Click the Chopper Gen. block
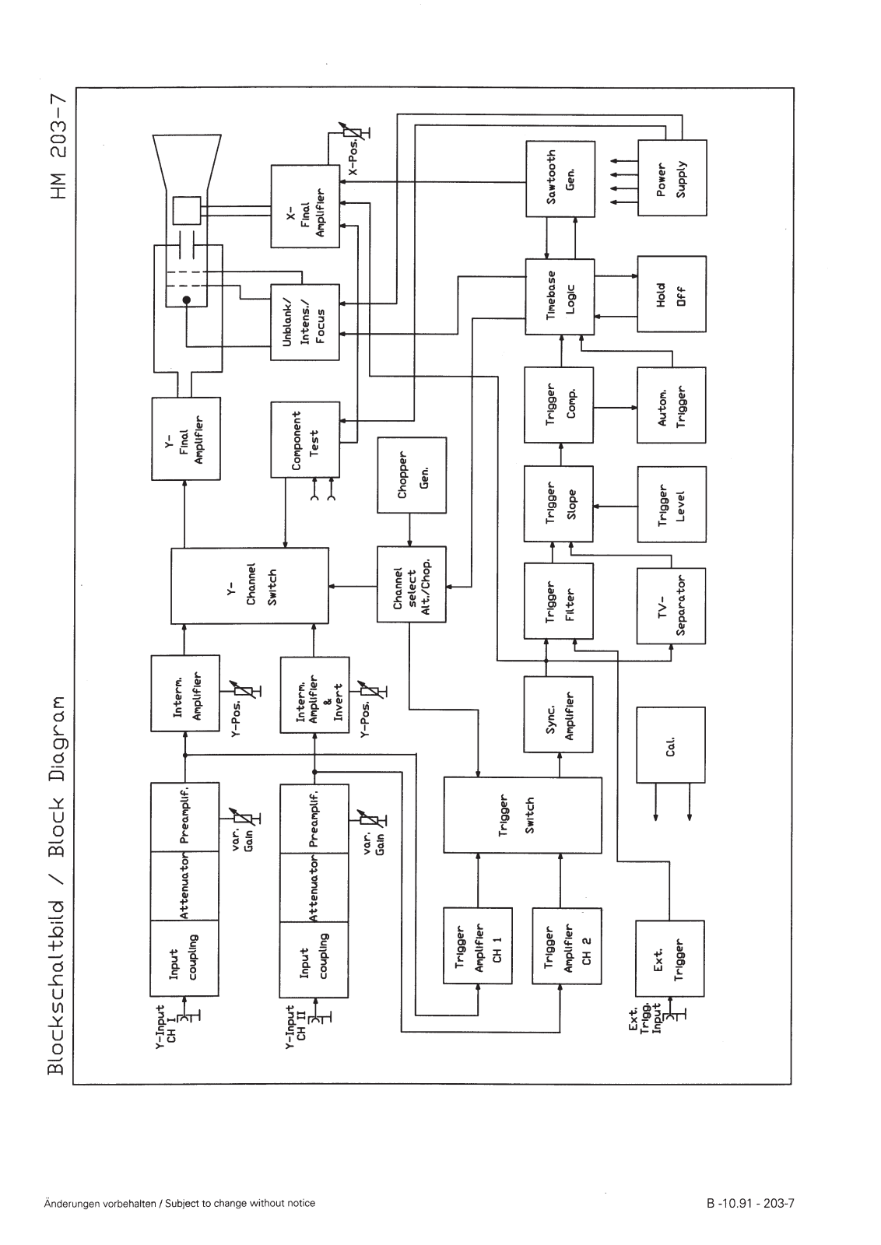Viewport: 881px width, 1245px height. tap(412, 475)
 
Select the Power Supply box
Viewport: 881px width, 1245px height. tap(672, 178)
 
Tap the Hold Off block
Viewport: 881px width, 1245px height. tap(672, 294)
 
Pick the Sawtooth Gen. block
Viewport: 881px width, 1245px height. tap(560, 179)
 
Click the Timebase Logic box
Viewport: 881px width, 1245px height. tap(560, 296)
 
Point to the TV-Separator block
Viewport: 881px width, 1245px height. tap(671, 606)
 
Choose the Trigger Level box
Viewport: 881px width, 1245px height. tap(672, 504)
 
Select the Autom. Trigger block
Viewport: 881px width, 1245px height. tap(672, 405)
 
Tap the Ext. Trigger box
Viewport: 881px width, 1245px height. tap(670, 958)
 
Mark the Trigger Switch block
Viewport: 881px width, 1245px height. tap(521, 815)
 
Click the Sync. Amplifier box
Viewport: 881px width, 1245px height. tap(558, 714)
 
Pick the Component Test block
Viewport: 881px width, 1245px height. tap(305, 440)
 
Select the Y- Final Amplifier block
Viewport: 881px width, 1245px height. tap(186, 439)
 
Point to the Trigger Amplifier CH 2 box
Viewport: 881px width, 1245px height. tap(567, 946)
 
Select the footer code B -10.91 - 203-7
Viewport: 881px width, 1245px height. tap(749, 1203)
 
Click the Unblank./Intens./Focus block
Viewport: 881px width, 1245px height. tap(305, 322)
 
